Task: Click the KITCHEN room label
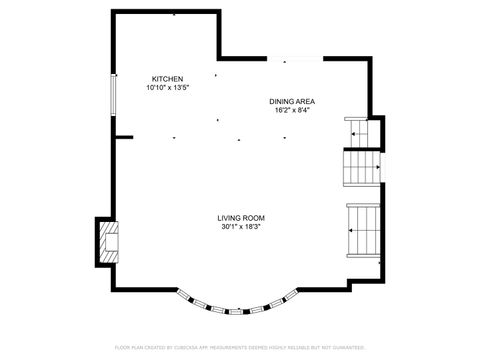[x=167, y=79]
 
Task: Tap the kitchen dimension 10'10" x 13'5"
[x=167, y=88]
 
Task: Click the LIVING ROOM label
[x=241, y=218]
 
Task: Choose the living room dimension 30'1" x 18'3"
[x=241, y=227]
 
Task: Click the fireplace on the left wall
[x=107, y=242]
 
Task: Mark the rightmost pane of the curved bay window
[x=289, y=297]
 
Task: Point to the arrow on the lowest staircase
[x=355, y=230]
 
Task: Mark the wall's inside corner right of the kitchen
[x=218, y=58]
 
